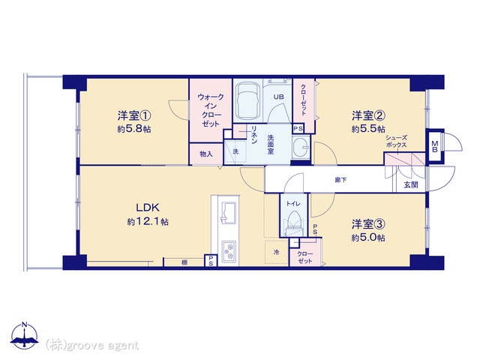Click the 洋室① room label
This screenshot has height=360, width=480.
[134, 116]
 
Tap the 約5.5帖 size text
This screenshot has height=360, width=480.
[368, 129]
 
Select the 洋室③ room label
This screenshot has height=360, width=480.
[368, 224]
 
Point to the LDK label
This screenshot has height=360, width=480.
[148, 208]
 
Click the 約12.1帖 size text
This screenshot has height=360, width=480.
[148, 222]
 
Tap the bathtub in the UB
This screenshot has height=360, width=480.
[248, 100]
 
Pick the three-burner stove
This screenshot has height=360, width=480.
[229, 251]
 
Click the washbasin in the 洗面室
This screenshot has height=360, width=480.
[301, 148]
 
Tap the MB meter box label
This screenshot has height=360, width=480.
[435, 146]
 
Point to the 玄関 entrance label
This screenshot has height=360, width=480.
[410, 185]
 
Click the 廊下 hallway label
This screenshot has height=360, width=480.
[340, 180]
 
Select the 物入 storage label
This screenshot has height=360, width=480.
[206, 154]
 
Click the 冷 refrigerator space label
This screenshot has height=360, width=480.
[277, 253]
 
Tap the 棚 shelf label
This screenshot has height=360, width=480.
[184, 262]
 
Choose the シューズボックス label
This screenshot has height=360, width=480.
[397, 141]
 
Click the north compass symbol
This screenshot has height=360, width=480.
[25, 336]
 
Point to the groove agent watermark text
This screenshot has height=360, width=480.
[91, 345]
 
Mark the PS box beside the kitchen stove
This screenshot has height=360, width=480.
[211, 261]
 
